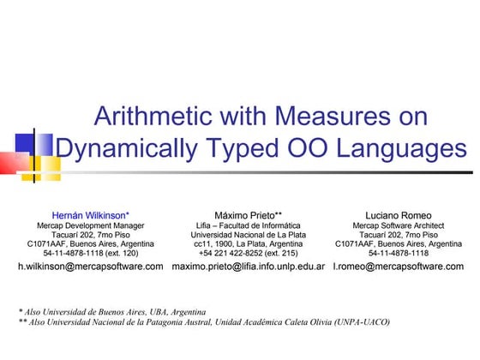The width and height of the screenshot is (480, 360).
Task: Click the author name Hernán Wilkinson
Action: [x=90, y=214]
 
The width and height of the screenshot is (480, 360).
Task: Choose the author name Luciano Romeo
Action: [x=399, y=214]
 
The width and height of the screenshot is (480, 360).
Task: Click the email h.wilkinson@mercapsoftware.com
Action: [x=90, y=267]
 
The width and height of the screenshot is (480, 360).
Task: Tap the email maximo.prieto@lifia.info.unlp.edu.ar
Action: [x=248, y=267]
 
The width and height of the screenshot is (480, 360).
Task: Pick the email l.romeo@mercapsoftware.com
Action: [x=399, y=267]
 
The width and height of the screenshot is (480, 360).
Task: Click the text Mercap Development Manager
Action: [x=90, y=225]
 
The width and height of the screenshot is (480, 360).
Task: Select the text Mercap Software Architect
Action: [x=399, y=225]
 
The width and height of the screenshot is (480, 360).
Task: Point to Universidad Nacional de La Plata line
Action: [x=248, y=234]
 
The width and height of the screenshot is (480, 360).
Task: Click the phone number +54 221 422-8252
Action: [x=248, y=254]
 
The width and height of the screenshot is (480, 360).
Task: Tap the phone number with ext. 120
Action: [x=90, y=254]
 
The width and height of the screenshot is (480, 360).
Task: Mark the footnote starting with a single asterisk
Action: [x=111, y=311]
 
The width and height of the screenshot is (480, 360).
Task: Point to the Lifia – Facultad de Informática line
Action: [x=248, y=225]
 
